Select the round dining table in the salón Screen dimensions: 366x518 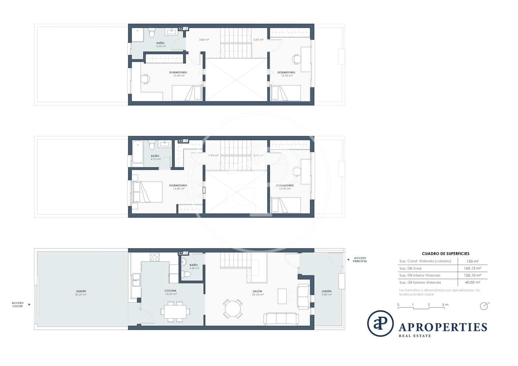click(232, 308)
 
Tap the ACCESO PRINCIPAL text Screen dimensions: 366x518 click(360, 259)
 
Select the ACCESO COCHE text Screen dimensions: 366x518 click(17, 304)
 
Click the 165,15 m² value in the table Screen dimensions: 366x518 click(472, 268)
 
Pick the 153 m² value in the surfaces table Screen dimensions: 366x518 click(472, 261)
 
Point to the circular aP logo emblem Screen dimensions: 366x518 click(380, 323)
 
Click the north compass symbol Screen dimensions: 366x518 click(484, 306)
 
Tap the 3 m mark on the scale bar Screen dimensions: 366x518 click(445, 305)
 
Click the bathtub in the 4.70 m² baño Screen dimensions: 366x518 click(138, 152)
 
